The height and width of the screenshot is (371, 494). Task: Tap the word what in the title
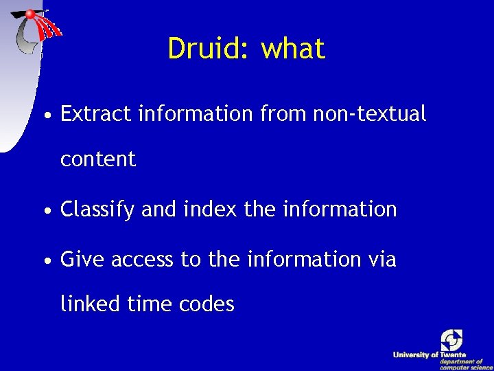click(x=294, y=49)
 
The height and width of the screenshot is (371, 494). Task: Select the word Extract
click(x=96, y=113)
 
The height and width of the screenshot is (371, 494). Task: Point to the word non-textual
click(x=369, y=113)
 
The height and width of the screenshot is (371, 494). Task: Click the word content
click(x=98, y=159)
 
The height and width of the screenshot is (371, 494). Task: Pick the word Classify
click(x=97, y=210)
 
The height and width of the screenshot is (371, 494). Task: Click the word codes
click(x=209, y=303)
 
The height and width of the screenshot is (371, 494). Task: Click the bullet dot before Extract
click(x=45, y=115)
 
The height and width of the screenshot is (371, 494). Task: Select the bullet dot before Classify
click(x=45, y=210)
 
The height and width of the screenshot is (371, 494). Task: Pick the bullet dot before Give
click(x=45, y=260)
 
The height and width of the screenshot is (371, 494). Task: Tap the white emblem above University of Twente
click(x=451, y=339)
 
